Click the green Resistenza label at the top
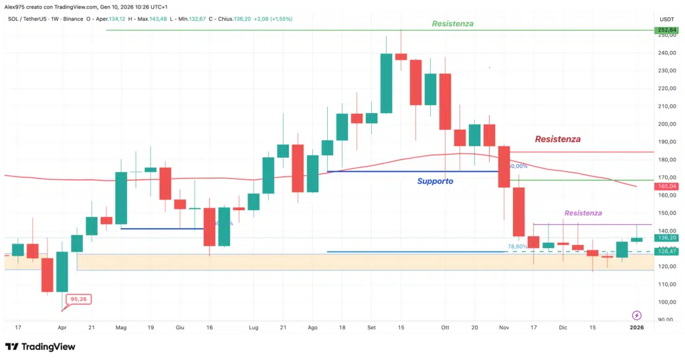pyautogui.click(x=452, y=23)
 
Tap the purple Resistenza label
pyautogui.click(x=583, y=213)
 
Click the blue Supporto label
pyautogui.click(x=435, y=181)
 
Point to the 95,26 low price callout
pyautogui.click(x=79, y=299)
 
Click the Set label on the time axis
pyautogui.click(x=371, y=328)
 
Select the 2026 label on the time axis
pyautogui.click(x=636, y=328)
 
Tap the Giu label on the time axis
pyautogui.click(x=179, y=328)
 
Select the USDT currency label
pyautogui.click(x=667, y=19)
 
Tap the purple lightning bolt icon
pyautogui.click(x=636, y=315)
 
